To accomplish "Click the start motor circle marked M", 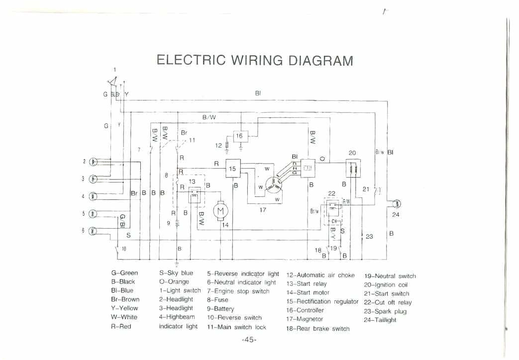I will tap(219, 211).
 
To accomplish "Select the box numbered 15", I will tap(232, 169).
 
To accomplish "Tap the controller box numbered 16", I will tap(239, 136).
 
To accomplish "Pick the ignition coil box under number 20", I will tap(352, 169).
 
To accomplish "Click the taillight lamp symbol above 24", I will tap(397, 203).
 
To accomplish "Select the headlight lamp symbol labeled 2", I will tap(94, 162).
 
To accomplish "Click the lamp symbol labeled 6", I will tap(94, 231).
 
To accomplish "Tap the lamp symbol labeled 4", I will tap(94, 196).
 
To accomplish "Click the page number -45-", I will tap(249, 340).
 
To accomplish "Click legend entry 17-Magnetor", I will tap(305, 319).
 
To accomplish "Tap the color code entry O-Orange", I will tap(174, 281).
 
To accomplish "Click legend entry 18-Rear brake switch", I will tap(317, 329).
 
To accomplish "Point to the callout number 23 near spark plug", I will tap(369, 237).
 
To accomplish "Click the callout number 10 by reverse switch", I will tap(124, 249).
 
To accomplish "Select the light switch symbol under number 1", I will tap(111, 82).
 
